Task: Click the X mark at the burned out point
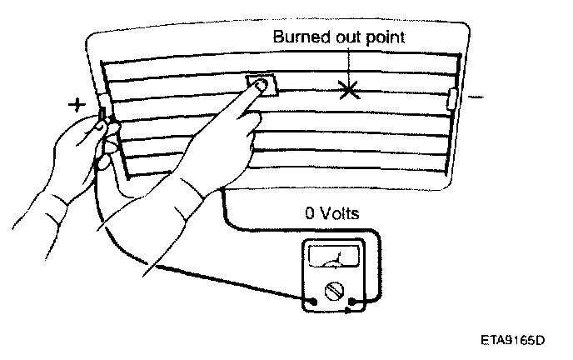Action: click(350, 89)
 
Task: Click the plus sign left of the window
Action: click(76, 105)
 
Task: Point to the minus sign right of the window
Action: click(476, 98)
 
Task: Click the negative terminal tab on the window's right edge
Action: click(452, 99)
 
